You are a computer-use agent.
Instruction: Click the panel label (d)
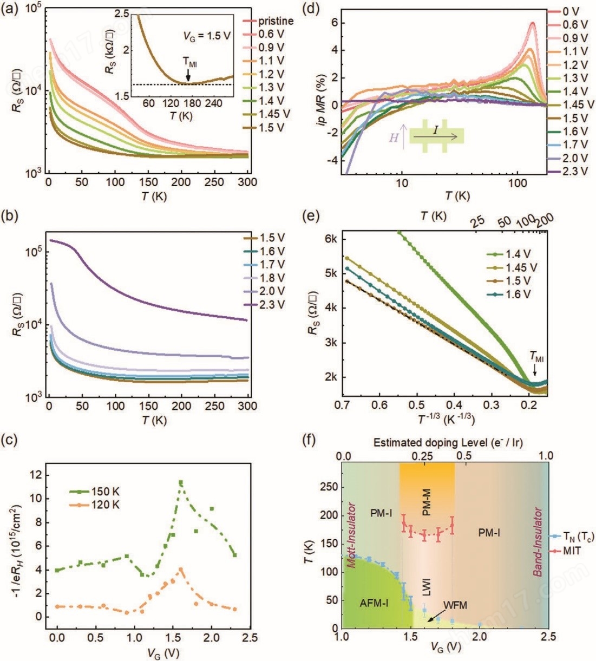[x=311, y=9]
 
